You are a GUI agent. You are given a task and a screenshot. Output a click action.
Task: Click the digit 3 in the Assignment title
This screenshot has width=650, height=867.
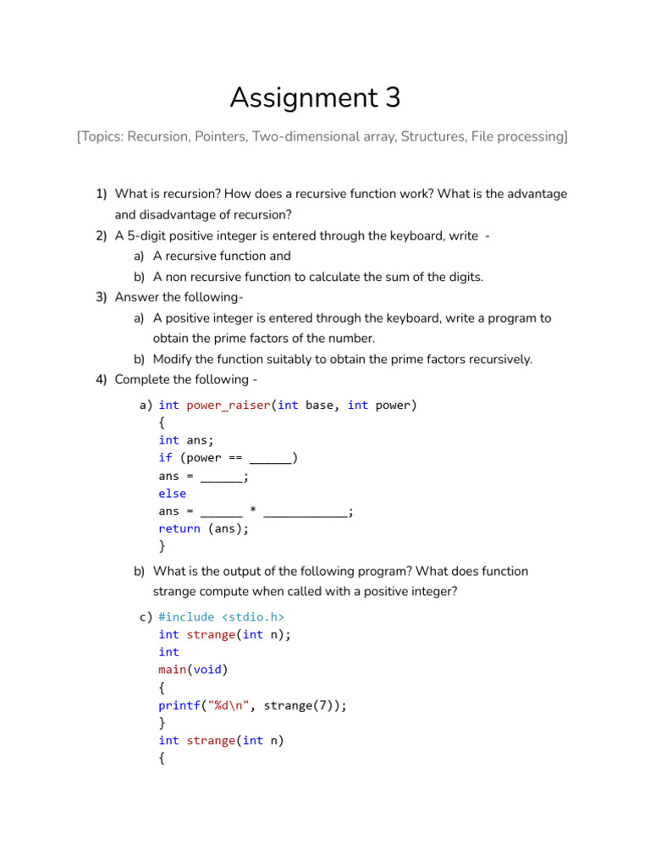391,99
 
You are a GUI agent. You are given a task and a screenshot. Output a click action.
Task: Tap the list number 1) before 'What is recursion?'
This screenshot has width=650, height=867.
101,194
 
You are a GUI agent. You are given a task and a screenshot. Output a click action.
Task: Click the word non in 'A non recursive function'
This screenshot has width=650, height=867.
177,277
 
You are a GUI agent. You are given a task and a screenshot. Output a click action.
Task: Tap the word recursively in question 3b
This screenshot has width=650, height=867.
499,359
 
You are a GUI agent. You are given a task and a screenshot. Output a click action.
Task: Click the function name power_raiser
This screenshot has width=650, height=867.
229,405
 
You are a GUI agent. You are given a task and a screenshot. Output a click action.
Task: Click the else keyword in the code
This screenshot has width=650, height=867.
172,494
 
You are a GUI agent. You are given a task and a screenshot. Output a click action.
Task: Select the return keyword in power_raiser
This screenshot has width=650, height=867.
179,529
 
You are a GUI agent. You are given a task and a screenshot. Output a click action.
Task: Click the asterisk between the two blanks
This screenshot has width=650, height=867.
253,511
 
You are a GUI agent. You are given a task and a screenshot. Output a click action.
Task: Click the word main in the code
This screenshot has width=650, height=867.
172,670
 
